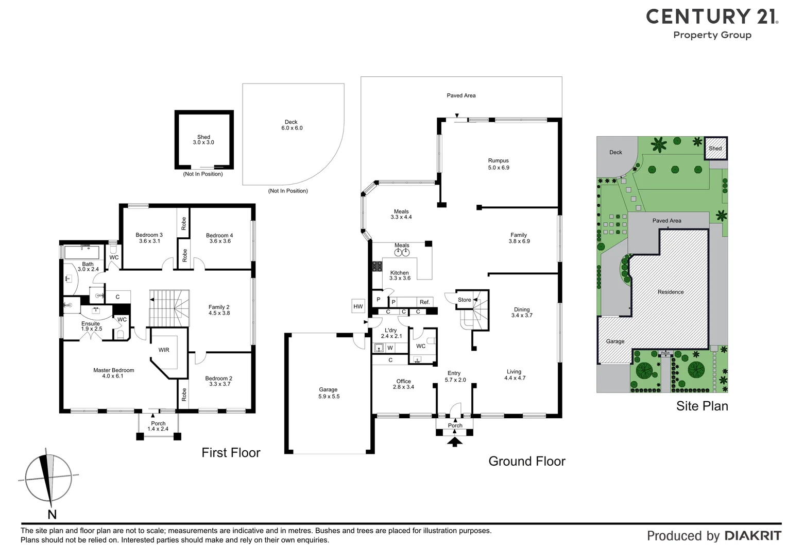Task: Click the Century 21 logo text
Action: (712, 17)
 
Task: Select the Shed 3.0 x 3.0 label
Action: (203, 140)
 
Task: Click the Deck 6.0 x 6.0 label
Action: (292, 125)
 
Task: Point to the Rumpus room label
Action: (498, 164)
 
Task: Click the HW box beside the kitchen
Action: (358, 306)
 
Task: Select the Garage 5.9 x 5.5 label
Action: (328, 393)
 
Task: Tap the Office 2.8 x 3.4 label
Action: (403, 384)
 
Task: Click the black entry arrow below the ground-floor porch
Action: (454, 441)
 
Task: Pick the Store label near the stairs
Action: (464, 300)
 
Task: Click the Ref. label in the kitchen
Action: (424, 302)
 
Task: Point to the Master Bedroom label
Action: (113, 373)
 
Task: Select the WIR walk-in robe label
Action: (164, 350)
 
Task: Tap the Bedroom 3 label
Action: (149, 238)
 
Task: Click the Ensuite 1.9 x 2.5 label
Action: (91, 326)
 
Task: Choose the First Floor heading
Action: (231, 453)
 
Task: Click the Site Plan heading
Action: (702, 406)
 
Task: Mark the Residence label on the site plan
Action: (670, 292)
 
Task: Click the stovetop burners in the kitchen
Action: (377, 266)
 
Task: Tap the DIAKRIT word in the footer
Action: (752, 536)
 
